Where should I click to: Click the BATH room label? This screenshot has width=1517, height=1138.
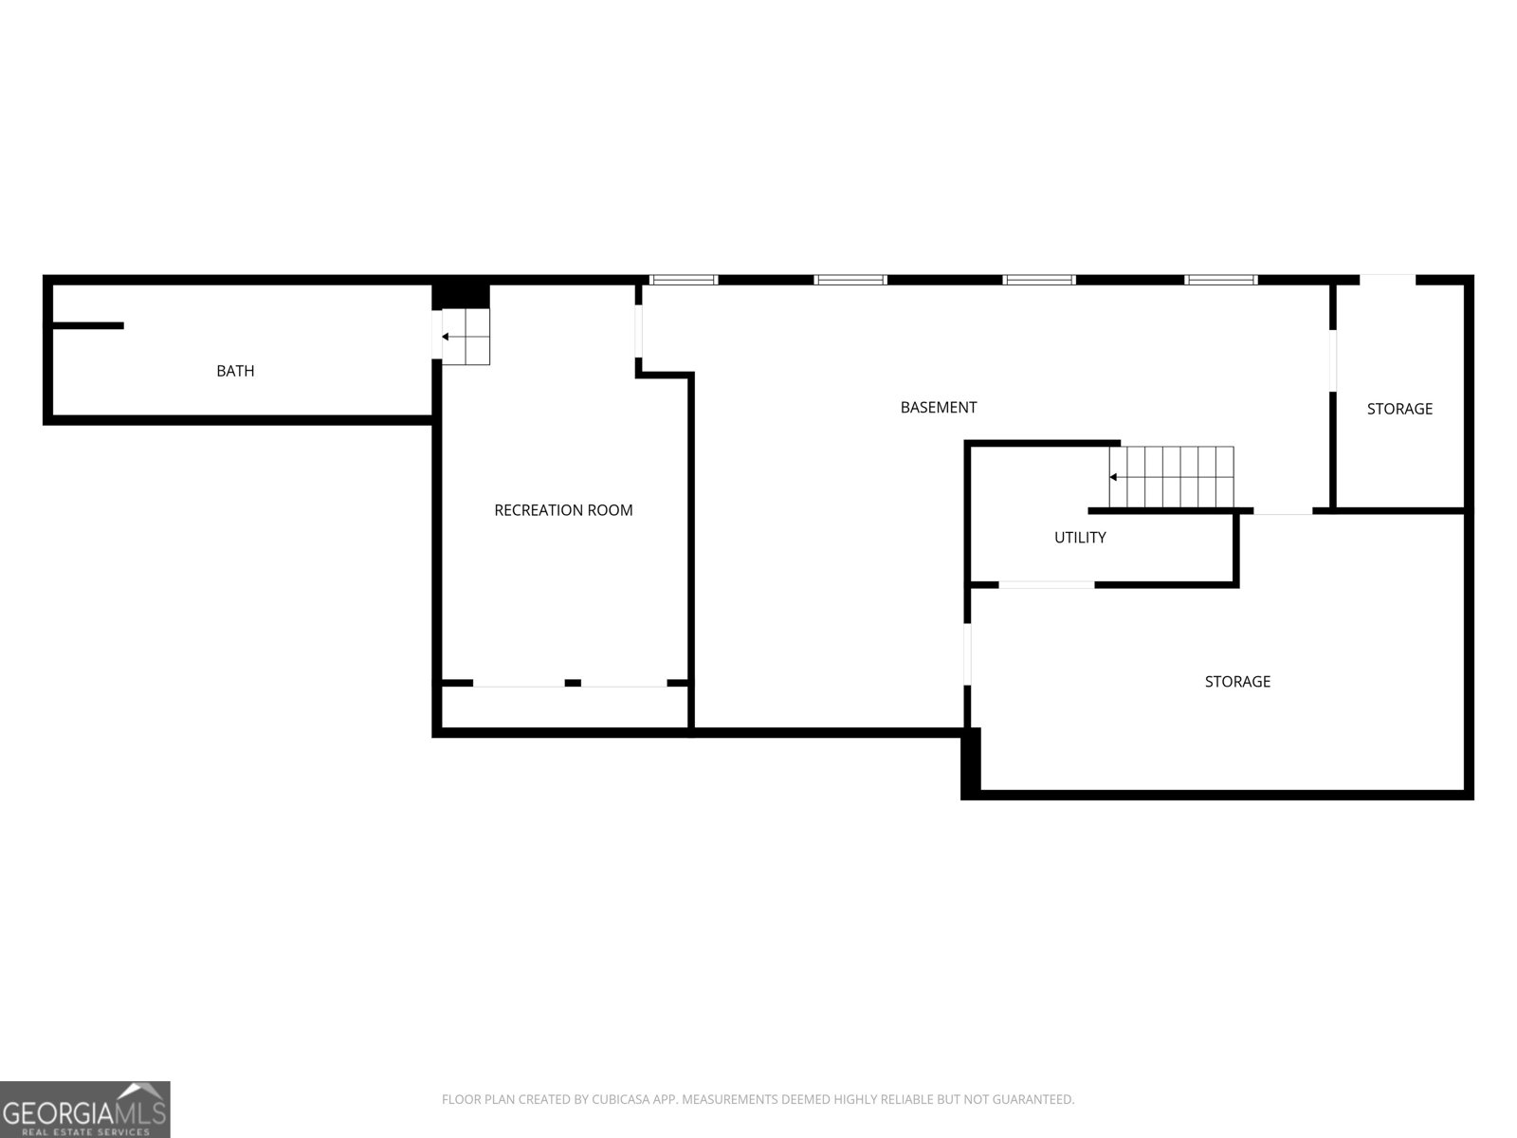pos(235,371)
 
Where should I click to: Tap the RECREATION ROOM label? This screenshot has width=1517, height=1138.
pos(563,510)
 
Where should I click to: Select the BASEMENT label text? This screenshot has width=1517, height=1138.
pos(938,408)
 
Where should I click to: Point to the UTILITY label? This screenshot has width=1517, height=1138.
pos(1080,538)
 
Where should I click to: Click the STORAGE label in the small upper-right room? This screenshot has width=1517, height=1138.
pos(1399,409)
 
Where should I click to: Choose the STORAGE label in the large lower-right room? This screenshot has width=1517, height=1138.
pos(1237,682)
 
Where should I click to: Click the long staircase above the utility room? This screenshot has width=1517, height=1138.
pos(1173,476)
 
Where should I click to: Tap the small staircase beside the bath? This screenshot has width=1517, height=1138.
pos(466,337)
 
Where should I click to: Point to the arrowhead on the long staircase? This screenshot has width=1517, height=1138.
pos(1113,477)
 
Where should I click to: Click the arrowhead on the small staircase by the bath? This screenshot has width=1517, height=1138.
pos(446,337)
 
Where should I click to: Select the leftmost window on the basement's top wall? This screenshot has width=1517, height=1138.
pos(684,280)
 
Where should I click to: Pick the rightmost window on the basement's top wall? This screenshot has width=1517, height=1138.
pos(1221,280)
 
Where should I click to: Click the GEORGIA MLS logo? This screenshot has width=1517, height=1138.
pos(85,1109)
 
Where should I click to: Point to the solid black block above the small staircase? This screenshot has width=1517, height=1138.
pos(462,295)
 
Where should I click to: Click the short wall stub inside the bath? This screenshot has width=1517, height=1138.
pos(87,326)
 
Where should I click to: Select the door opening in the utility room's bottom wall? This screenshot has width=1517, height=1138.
pos(1047,585)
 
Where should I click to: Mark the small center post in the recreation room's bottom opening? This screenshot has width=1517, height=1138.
pos(573,683)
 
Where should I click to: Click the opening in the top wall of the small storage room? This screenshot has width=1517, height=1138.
pos(1387,280)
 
